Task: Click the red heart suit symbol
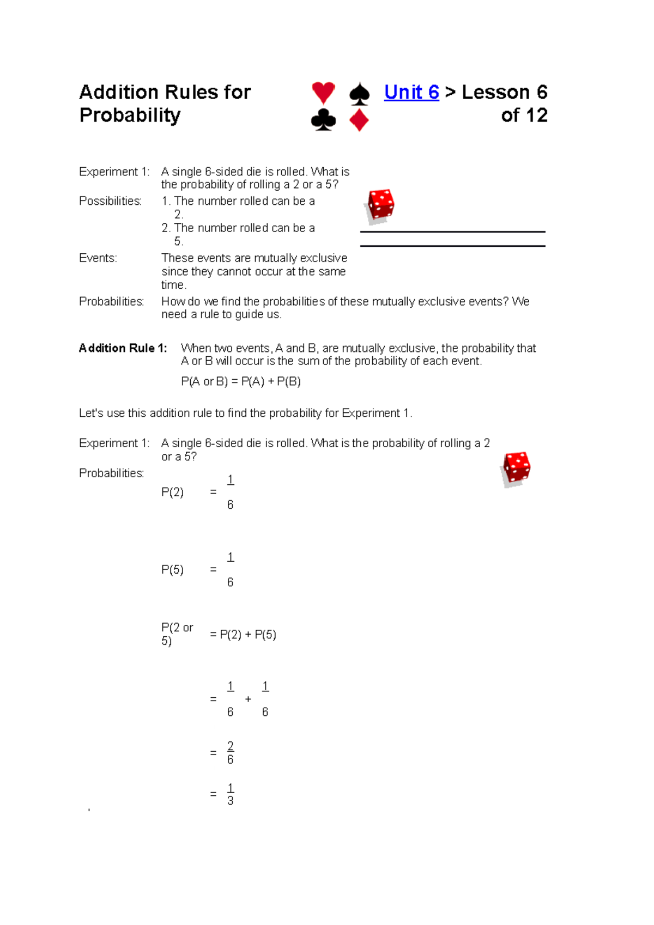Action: [x=323, y=93]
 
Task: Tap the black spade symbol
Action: [x=359, y=94]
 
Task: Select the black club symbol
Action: [x=323, y=120]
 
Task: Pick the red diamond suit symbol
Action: [x=359, y=120]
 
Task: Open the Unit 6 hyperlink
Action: [x=411, y=92]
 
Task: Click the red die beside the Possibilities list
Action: [x=380, y=206]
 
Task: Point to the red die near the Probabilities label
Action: [x=516, y=468]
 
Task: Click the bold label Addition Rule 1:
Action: [x=123, y=348]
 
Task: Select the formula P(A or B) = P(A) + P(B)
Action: [x=241, y=381]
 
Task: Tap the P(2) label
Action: [x=172, y=492]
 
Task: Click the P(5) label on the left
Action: [x=172, y=570]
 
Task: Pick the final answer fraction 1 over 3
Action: [x=230, y=794]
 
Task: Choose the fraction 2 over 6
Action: [x=230, y=752]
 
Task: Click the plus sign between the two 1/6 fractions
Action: [x=248, y=699]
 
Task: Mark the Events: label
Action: [x=98, y=258]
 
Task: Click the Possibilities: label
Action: [x=110, y=201]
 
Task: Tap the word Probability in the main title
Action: [x=130, y=115]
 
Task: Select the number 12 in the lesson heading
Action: [x=536, y=115]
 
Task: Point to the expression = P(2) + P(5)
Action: [x=243, y=635]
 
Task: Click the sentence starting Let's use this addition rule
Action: [x=245, y=413]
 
